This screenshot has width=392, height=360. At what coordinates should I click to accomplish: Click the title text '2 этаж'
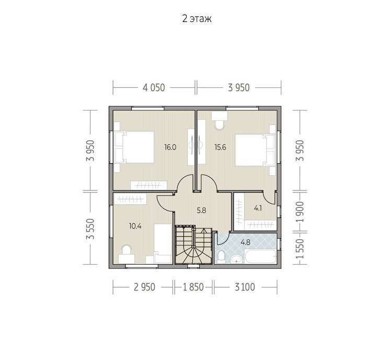tap(197, 19)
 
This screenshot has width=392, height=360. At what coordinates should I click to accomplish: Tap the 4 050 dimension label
tap(154, 88)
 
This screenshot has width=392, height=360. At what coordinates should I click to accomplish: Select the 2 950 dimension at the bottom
tap(144, 287)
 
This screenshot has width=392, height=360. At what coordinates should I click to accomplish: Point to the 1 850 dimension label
tap(193, 287)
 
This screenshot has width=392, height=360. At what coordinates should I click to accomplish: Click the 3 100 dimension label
tap(245, 287)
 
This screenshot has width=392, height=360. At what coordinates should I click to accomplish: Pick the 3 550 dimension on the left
tap(90, 229)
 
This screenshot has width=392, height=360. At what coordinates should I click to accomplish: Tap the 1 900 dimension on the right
tap(300, 212)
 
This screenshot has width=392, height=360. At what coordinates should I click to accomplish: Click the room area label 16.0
tap(170, 147)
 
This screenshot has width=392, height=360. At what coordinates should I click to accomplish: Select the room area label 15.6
tap(220, 147)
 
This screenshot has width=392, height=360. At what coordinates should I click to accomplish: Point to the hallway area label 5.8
tap(201, 210)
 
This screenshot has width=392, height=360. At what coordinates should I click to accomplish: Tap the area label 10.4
tap(135, 227)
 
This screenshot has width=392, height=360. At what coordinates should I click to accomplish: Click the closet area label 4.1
tap(258, 208)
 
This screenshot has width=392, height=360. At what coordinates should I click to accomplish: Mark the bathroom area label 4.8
tap(245, 242)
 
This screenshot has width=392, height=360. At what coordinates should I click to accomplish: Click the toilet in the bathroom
tap(221, 257)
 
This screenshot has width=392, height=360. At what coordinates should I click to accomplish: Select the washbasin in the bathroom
tap(236, 259)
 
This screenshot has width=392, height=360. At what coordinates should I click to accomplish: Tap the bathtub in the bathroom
tap(261, 256)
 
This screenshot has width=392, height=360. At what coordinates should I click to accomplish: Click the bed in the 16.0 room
tap(134, 147)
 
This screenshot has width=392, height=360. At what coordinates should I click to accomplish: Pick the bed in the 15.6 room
tap(255, 150)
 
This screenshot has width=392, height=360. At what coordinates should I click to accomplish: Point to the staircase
tap(194, 245)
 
